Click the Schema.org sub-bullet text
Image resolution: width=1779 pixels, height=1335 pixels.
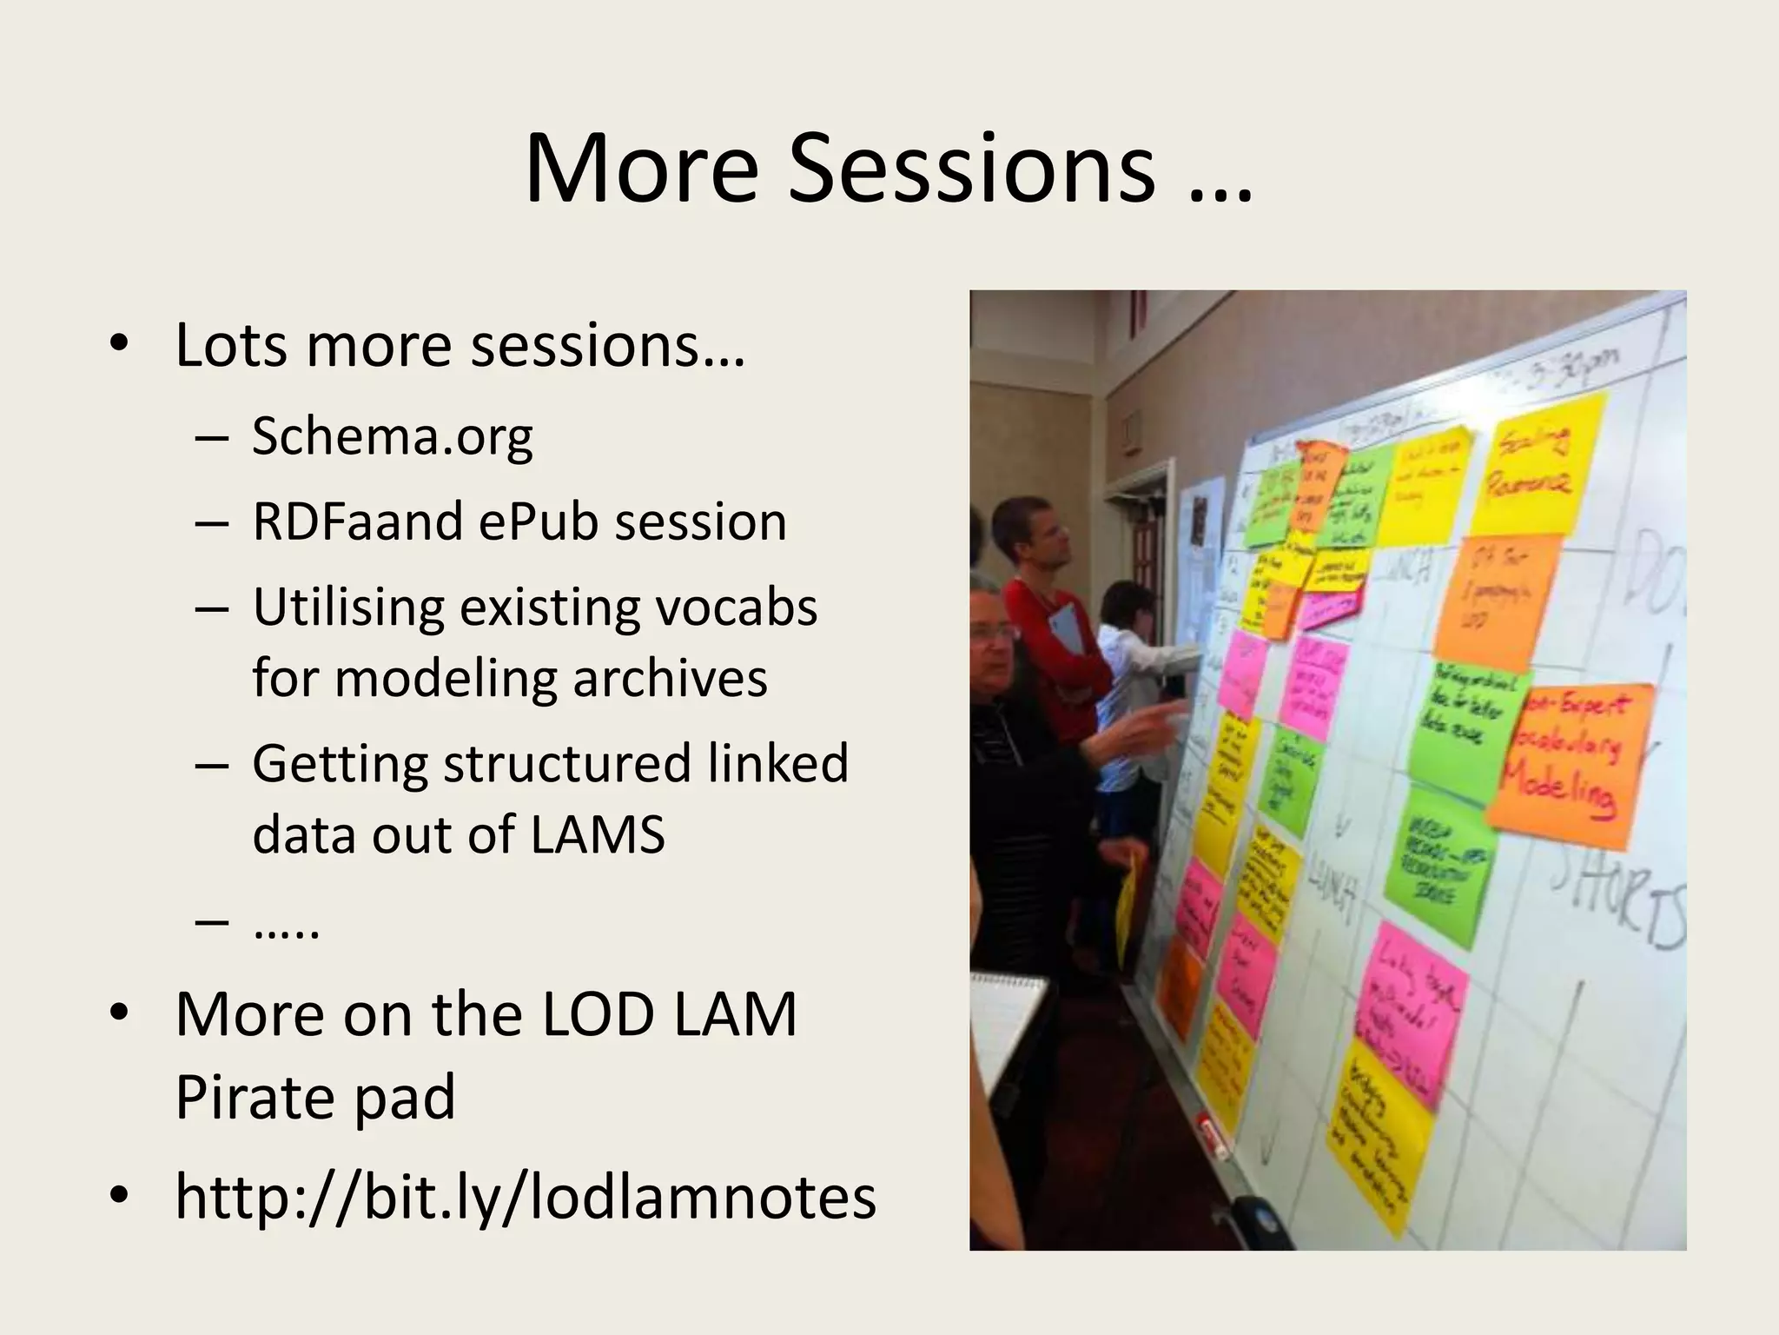(392, 435)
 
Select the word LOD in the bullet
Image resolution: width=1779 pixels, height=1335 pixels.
(598, 1013)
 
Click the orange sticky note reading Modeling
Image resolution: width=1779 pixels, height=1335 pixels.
(1571, 765)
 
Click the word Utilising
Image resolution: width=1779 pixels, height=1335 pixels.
(348, 607)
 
